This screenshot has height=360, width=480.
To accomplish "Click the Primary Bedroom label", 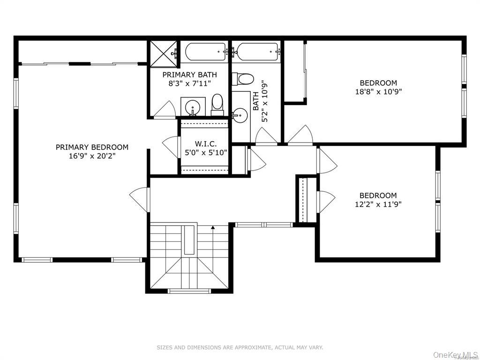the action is (92, 147).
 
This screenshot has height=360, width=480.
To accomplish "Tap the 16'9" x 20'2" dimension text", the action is (92, 156).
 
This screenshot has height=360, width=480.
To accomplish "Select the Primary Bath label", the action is (189, 75).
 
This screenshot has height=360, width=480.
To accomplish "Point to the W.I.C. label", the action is (206, 143).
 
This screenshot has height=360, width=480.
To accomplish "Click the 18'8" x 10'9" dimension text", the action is (378, 91).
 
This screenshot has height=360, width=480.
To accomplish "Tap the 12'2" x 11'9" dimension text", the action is (378, 204).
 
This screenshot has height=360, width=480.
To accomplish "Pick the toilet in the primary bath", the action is (217, 105).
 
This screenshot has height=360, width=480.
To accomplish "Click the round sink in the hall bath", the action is (240, 115).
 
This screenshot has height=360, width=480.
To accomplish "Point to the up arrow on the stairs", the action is (213, 227).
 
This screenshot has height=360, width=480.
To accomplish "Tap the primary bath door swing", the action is (164, 109).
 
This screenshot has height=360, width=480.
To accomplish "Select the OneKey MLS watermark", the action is (456, 355).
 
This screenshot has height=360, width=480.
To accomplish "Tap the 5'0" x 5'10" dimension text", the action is (206, 152).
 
